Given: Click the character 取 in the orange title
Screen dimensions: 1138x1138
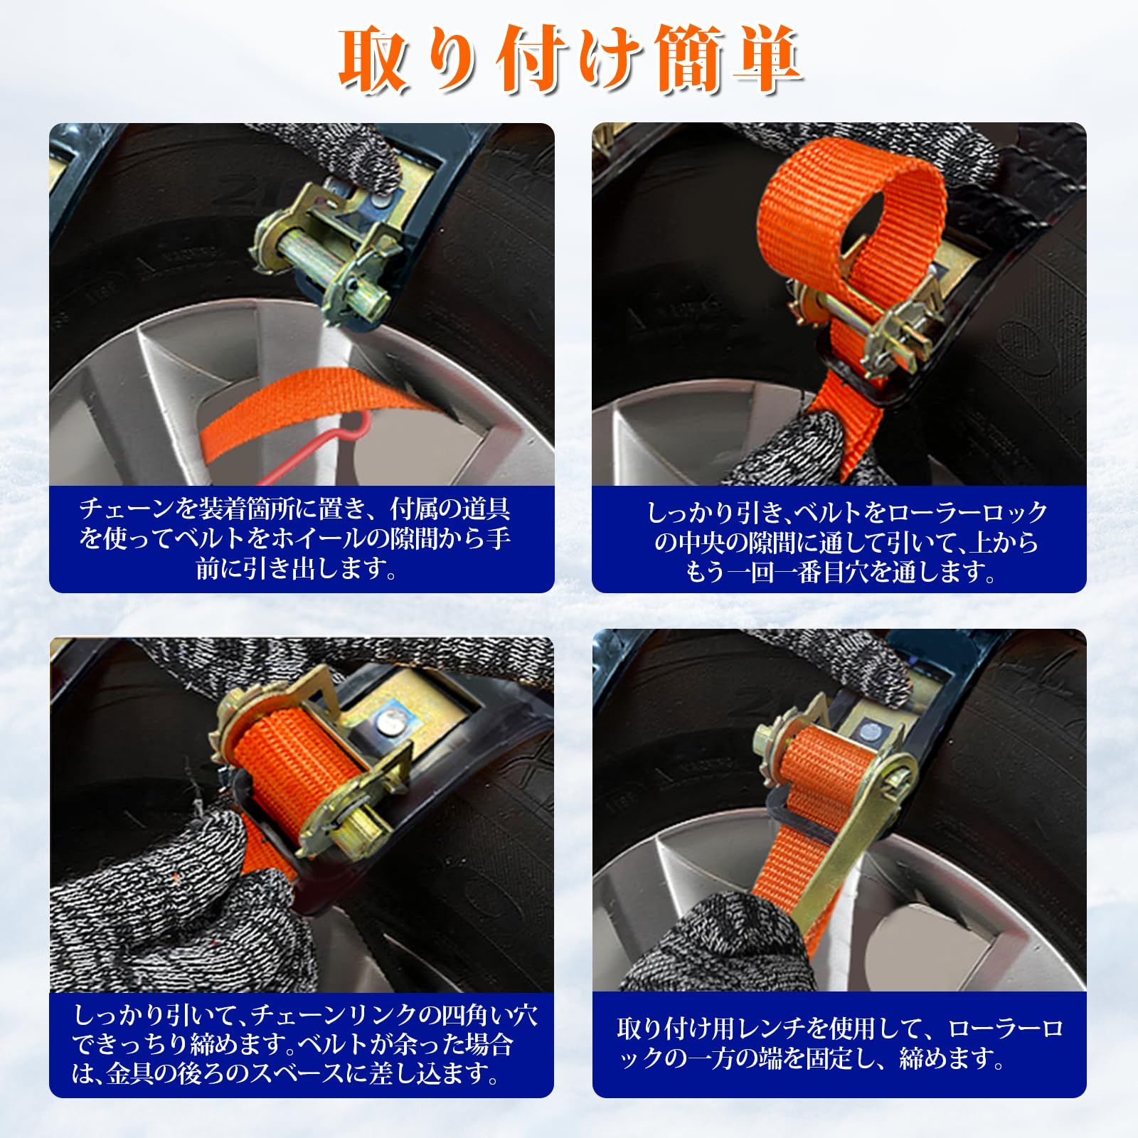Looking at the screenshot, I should coord(375,63).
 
